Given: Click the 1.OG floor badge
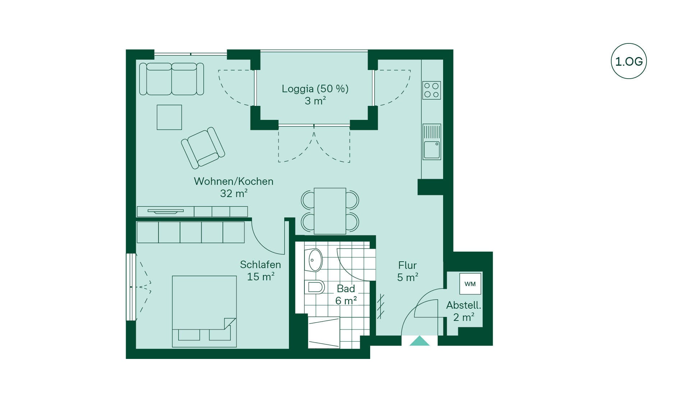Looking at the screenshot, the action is coord(629,61).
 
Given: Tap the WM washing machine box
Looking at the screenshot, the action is coord(470,284).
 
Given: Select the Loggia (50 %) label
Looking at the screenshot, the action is coord(315,89).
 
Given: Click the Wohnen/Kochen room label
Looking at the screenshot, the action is coord(234,181).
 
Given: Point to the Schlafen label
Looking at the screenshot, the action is coord(260,265).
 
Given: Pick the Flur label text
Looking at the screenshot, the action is coord(407,265).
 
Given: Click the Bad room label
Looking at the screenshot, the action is coord(346,289).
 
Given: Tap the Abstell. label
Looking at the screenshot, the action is coord(464,305).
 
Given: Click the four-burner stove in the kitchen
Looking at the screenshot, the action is coord(432,90).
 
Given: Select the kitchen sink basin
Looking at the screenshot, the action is coord(432,150).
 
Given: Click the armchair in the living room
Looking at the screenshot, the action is coord(203,148).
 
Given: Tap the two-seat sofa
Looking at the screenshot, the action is coord(171,79).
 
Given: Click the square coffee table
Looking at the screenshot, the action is coord(169,117).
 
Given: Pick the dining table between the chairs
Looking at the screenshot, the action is coord(330,211).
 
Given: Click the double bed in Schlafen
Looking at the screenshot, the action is coord(204,311).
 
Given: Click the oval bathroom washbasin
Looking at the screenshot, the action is coord(315,260).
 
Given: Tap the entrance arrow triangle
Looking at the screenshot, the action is coord(419,341).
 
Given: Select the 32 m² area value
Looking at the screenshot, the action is coord(234,193).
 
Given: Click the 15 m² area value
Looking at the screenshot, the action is coord(261,277).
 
